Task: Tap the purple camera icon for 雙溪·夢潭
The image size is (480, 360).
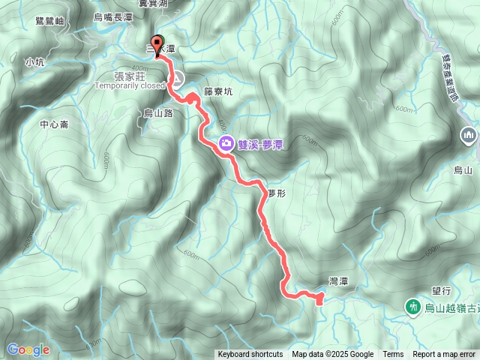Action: tap(225, 143)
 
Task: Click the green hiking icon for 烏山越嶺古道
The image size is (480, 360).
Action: tap(412, 307)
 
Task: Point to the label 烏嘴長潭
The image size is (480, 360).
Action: tap(113, 16)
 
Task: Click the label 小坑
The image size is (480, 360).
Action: tap(34, 62)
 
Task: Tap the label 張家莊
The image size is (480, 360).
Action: tap(130, 75)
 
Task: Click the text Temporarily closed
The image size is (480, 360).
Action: tap(130, 85)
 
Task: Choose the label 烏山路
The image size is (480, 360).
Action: tap(158, 112)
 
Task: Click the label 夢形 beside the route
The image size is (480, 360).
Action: tap(276, 193)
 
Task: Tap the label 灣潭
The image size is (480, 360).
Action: tap(338, 280)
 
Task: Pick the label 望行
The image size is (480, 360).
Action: tap(440, 289)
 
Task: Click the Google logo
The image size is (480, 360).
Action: tap(28, 349)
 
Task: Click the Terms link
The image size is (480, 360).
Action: tap(393, 355)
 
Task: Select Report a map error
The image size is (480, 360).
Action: tap(444, 355)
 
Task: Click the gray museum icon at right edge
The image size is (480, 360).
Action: tap(469, 135)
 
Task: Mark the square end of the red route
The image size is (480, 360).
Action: tap(319, 301)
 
